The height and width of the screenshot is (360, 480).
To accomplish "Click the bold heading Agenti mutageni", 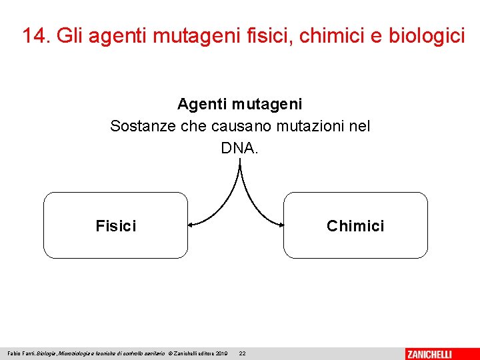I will click(239, 104).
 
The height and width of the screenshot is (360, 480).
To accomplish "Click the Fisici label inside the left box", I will click(115, 226).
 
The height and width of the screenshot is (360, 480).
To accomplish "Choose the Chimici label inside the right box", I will click(355, 226).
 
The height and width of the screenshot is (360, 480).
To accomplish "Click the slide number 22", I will click(242, 353).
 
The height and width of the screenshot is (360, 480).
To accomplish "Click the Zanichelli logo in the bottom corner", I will click(429, 353).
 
